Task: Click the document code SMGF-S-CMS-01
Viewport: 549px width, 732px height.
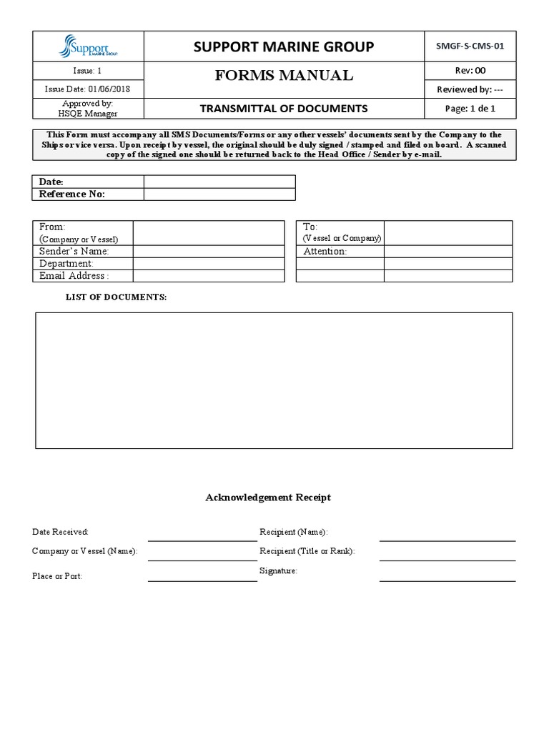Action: (470, 46)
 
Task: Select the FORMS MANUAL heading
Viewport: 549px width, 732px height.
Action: (284, 76)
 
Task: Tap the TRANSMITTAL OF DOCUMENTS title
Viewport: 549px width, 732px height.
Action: (284, 109)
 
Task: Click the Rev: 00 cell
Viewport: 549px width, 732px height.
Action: (470, 70)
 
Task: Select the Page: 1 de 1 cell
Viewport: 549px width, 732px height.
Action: (470, 109)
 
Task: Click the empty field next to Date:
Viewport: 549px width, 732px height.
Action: (219, 182)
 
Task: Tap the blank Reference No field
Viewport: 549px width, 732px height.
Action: (219, 194)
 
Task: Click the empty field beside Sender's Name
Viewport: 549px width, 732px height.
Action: (209, 251)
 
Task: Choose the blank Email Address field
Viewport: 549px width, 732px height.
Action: (209, 276)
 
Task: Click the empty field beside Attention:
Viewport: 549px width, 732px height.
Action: (447, 251)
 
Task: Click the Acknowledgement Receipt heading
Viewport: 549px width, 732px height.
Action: (268, 498)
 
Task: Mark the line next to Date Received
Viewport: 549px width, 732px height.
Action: (202, 535)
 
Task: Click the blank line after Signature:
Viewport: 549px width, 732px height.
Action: (447, 575)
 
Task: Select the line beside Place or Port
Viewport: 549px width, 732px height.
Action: (202, 576)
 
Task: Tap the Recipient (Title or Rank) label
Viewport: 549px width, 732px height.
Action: (307, 551)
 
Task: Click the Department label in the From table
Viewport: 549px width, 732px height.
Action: (66, 264)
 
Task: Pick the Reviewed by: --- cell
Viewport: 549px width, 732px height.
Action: (470, 89)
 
